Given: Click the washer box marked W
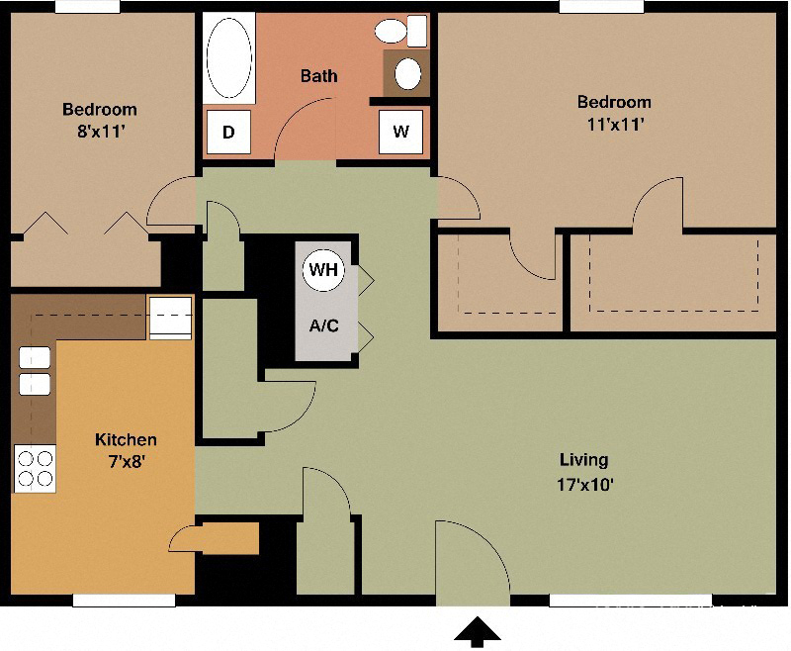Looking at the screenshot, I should pos(400,132).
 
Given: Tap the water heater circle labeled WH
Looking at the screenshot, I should pos(323,270).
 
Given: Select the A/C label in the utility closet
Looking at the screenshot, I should pos(324,325).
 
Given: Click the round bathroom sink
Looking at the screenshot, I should pos(406,73).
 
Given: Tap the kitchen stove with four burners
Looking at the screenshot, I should pos(35,467).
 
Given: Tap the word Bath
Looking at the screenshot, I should pos(319,75).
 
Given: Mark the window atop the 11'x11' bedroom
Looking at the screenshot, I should pos(600,6).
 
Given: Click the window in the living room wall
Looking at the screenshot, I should pos(629,600).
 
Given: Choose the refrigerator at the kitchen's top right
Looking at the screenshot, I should pos(169,317).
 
